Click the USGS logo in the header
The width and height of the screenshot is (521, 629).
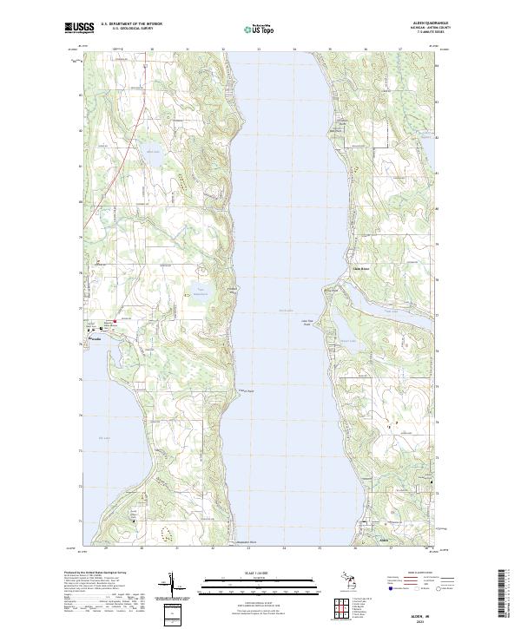coord(80,28)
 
